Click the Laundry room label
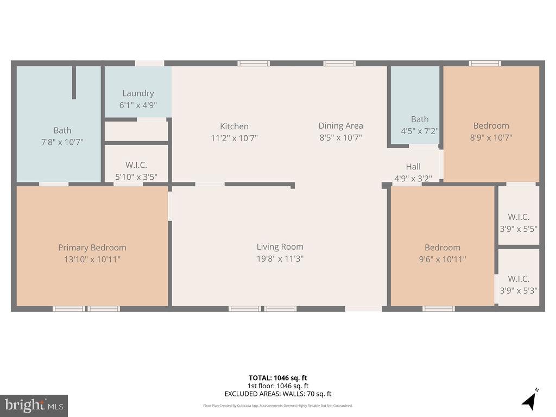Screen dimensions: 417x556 (x=138, y=93)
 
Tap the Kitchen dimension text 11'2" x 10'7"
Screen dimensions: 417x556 (x=234, y=138)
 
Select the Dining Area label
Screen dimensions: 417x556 (x=340, y=126)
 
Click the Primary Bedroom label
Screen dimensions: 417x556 (x=92, y=248)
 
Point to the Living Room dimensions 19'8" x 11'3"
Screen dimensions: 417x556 (x=280, y=259)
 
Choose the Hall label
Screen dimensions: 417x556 (x=413, y=167)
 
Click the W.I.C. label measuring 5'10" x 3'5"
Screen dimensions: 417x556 (x=136, y=165)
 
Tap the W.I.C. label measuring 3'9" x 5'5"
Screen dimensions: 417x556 (x=519, y=217)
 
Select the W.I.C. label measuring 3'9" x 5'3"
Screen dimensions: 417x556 (x=519, y=279)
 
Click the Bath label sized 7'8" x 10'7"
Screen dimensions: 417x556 (x=62, y=130)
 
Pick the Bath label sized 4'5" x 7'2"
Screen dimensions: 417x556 (x=420, y=119)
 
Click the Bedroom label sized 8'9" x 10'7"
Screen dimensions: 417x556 (x=491, y=126)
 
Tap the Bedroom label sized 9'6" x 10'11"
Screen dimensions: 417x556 (x=443, y=248)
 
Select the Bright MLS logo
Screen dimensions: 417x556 (x=34, y=405)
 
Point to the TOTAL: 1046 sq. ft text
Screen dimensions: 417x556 (x=278, y=378)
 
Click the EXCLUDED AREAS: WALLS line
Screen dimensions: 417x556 (x=278, y=394)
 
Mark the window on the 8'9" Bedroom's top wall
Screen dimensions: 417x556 (x=485, y=64)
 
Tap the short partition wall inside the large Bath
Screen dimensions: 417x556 (x=74, y=83)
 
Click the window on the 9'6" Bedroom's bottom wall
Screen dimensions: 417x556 (x=438, y=309)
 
